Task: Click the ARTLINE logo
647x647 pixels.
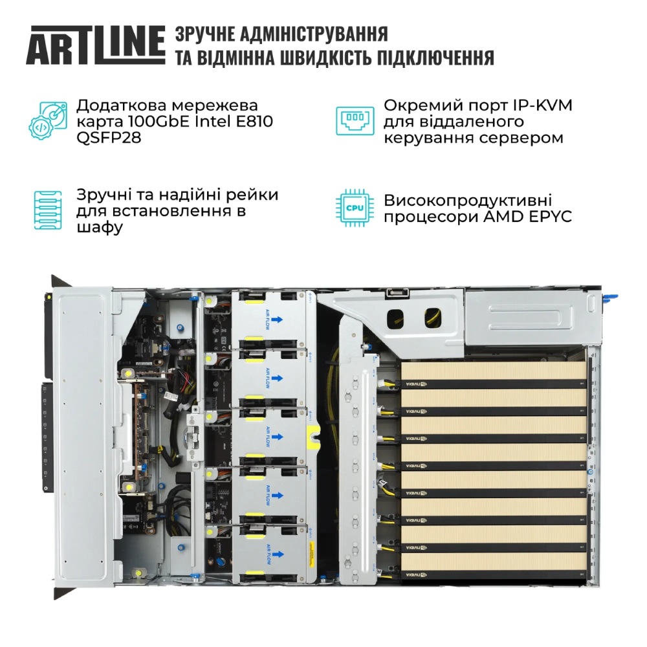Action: pos(95,45)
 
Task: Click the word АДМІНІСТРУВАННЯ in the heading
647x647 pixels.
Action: pos(314,34)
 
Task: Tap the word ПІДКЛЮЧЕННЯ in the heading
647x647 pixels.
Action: pos(424,58)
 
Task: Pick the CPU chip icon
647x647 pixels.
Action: pos(353,208)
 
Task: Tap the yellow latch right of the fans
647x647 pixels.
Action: pos(313,437)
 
